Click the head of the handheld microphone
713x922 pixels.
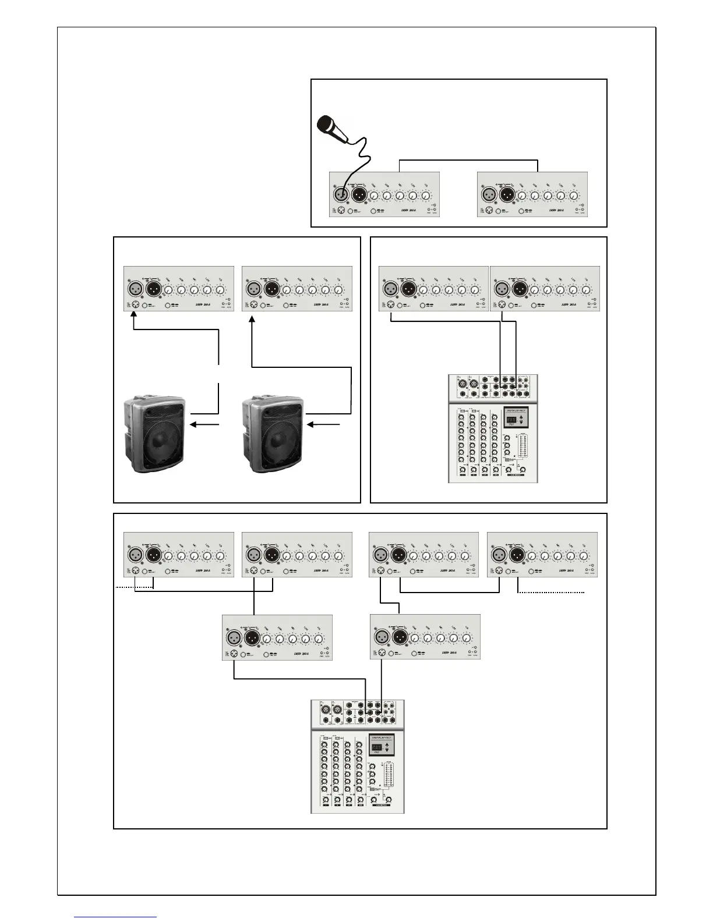point(323,123)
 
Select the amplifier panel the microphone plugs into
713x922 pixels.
point(384,194)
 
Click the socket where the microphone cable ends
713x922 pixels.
point(342,194)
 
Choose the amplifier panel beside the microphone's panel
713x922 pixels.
point(532,194)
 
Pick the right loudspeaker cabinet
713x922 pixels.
point(273,434)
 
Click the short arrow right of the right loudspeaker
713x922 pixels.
point(324,425)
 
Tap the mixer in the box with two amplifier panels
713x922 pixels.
point(493,428)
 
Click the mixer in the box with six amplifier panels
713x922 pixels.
point(357,756)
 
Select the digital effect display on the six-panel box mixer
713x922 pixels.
point(380,745)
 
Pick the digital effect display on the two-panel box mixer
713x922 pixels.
point(516,418)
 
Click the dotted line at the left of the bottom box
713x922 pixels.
point(125,588)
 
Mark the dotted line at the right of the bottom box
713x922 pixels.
point(551,592)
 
